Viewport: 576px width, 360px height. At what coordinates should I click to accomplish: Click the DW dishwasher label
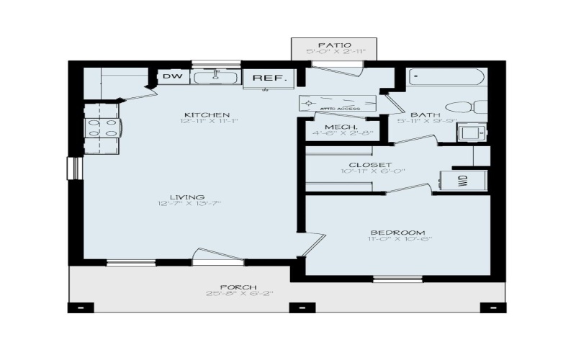point(171,76)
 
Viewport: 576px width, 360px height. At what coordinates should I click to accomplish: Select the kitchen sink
point(216,77)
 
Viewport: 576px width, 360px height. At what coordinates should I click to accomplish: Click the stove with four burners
point(102,128)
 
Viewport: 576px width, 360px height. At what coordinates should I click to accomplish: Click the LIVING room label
point(187,197)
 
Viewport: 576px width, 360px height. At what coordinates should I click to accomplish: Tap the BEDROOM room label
point(397,232)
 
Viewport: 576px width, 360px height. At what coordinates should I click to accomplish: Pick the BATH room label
point(421,115)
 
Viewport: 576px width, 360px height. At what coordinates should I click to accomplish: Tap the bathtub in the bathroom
point(446,78)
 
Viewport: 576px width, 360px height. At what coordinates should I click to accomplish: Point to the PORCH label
point(238,287)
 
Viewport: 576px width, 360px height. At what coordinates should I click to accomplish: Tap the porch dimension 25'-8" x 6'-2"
point(238,295)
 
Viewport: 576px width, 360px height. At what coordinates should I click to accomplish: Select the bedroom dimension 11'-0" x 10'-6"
point(397,240)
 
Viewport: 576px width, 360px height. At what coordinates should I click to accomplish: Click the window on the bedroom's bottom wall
point(397,278)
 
